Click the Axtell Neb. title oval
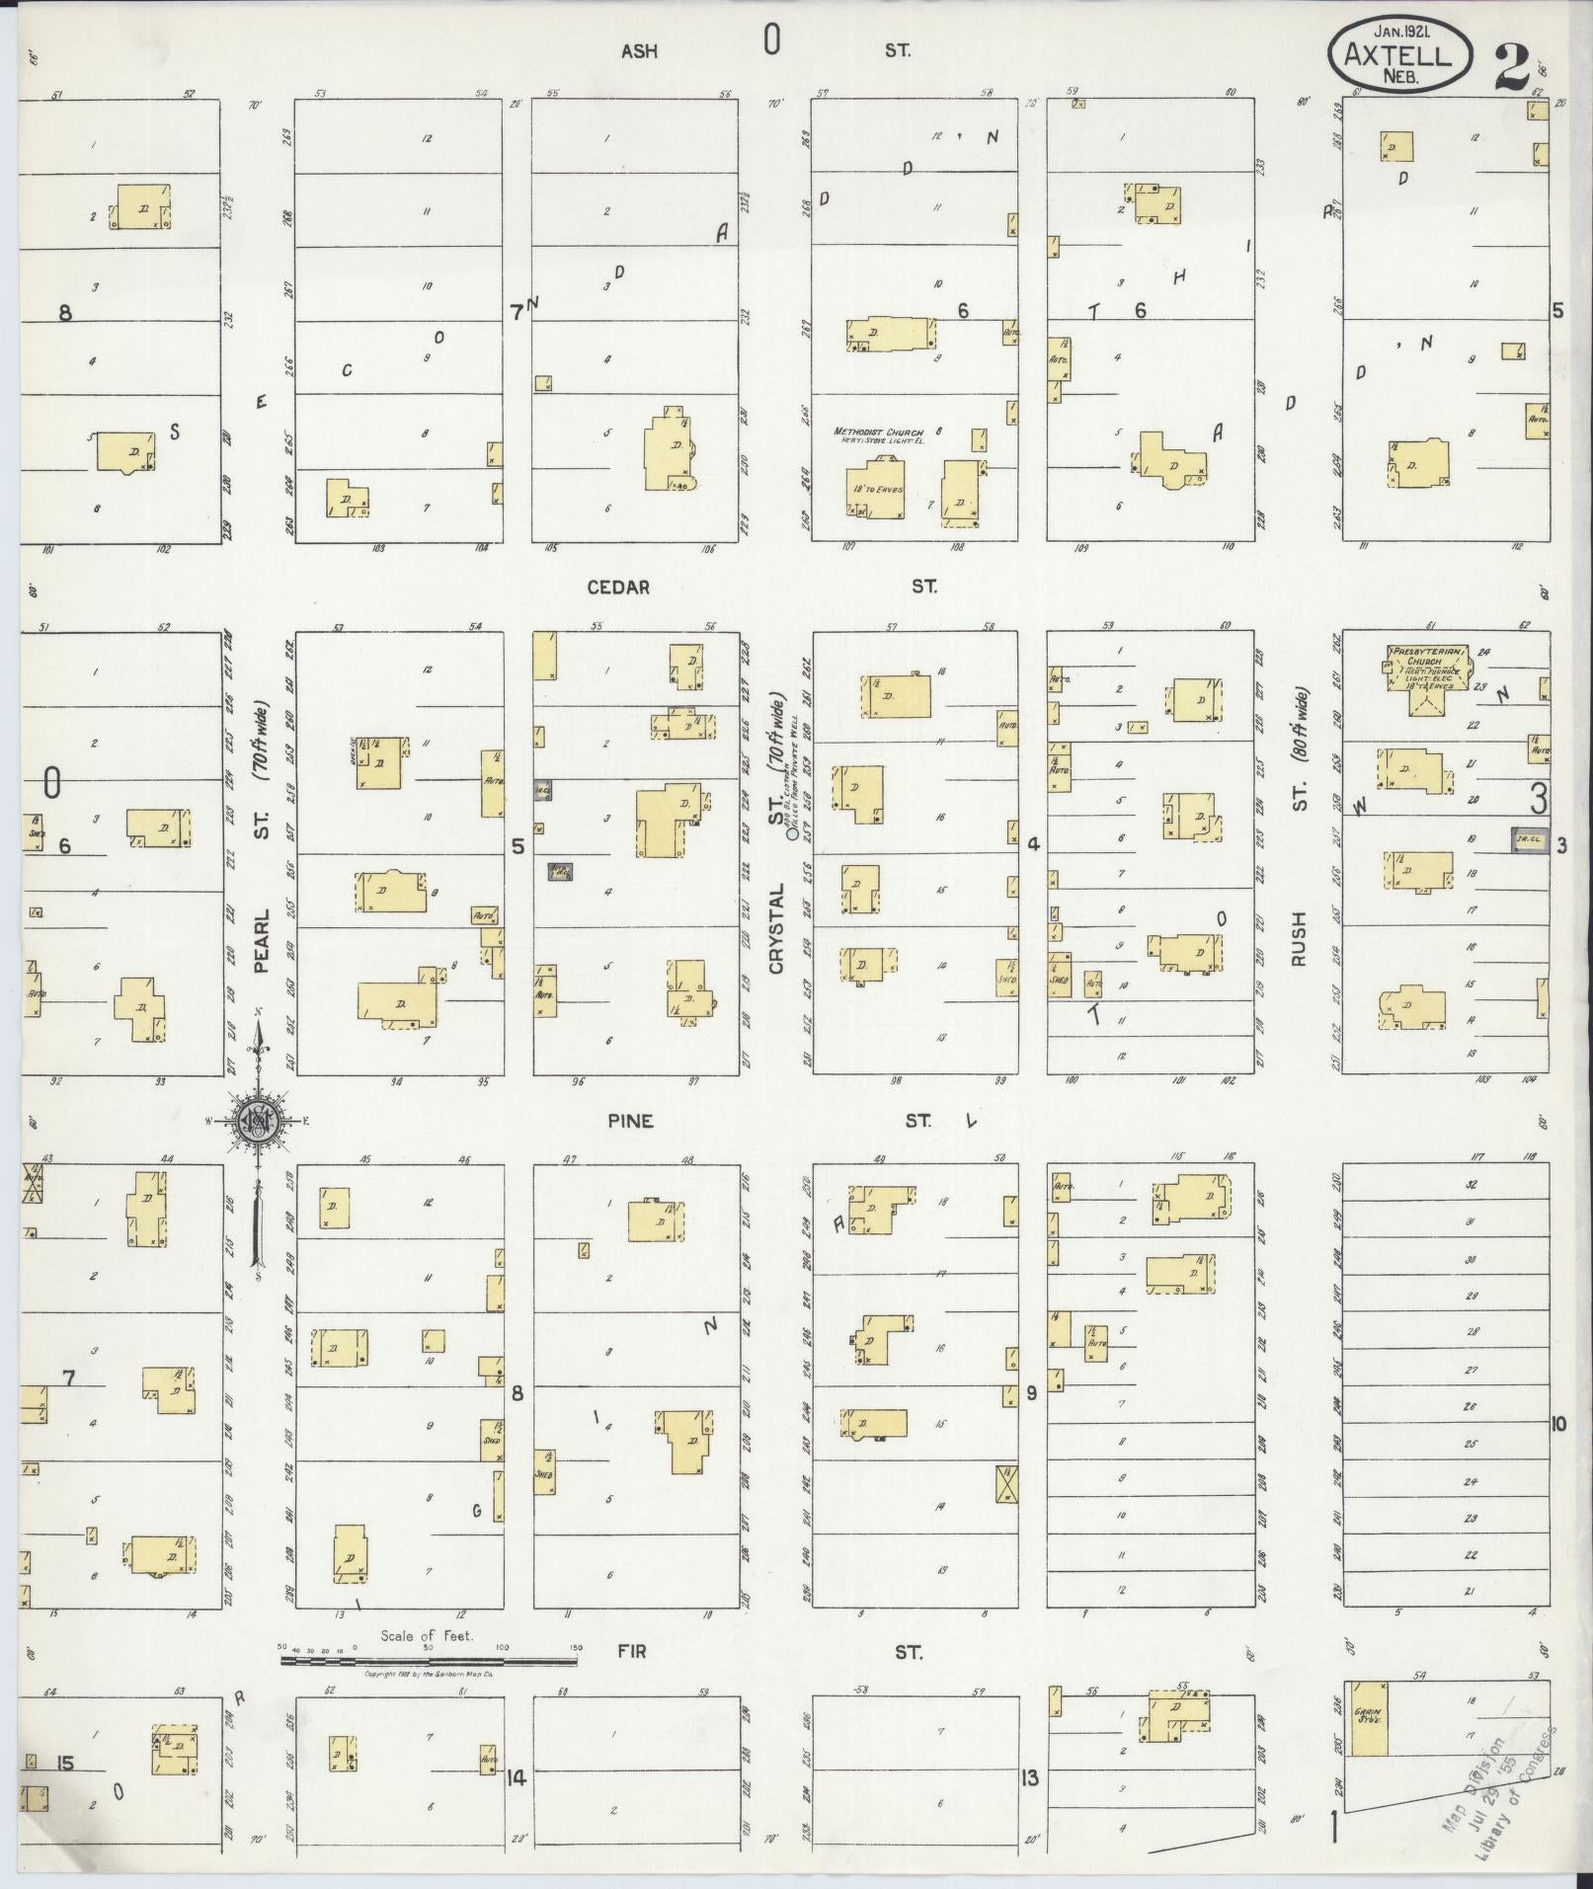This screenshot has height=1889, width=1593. coord(1398,55)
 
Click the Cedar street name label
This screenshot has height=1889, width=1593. coord(618,588)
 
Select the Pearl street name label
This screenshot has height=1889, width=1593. coord(262,942)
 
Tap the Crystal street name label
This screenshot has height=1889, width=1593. coord(775,927)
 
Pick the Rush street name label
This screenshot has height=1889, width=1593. coord(1298,939)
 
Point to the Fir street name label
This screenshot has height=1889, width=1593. coord(632,1651)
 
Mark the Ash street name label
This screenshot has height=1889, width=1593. coord(639,51)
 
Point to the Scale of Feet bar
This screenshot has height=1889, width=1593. coord(429,1662)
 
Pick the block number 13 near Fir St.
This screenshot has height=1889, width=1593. coord(1030,1777)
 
